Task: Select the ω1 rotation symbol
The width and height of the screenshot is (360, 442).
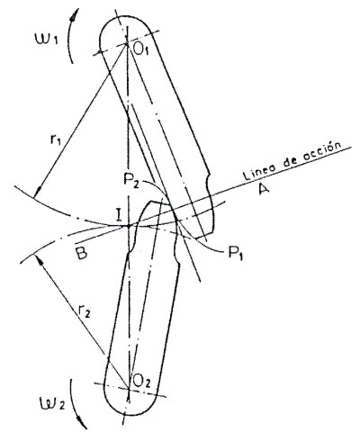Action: (46, 40)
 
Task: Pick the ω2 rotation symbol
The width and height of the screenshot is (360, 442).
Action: (52, 403)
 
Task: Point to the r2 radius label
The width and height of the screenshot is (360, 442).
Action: (84, 312)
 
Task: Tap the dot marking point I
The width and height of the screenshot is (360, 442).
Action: (129, 226)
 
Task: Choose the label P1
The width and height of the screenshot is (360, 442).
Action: (235, 253)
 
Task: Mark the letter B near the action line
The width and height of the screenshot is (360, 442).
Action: (81, 253)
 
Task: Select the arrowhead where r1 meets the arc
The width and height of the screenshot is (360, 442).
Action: (38, 192)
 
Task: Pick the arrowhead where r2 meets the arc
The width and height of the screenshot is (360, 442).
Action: (38, 259)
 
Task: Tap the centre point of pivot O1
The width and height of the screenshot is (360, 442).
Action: (127, 44)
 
